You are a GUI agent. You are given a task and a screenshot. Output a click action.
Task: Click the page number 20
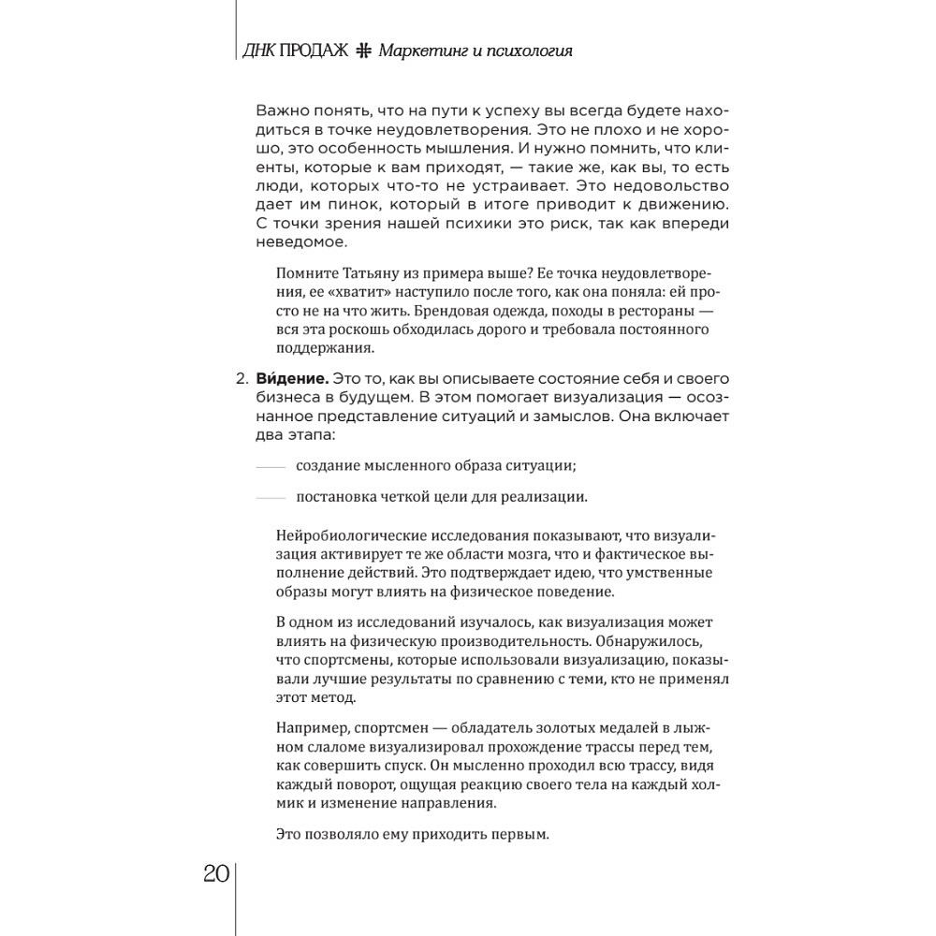coord(215,874)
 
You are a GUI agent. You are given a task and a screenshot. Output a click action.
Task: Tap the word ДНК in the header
coord(258,51)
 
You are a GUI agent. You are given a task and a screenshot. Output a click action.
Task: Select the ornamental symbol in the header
coord(364,51)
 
